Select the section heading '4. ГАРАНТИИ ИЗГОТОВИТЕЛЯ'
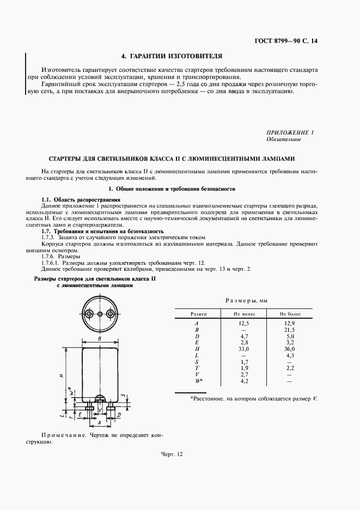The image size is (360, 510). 171,56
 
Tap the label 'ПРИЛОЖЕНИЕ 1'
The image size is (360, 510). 290,132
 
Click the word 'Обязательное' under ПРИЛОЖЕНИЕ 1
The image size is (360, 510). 283,139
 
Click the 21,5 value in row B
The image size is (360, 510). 290,330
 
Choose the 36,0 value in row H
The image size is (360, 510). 290,349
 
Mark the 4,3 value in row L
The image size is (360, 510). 290,355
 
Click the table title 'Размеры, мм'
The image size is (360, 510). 246,301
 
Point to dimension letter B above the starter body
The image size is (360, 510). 100,339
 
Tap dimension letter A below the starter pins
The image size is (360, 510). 99,422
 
